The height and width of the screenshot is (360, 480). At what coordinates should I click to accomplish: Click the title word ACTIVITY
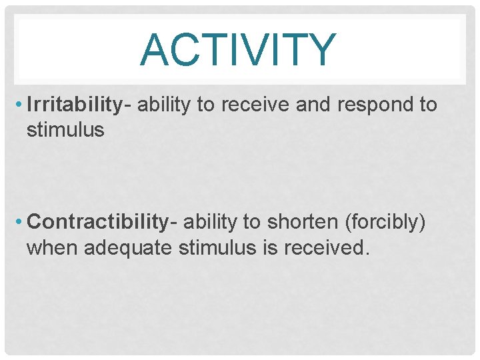(x=238, y=51)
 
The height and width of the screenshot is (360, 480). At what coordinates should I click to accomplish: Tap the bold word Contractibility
(x=97, y=221)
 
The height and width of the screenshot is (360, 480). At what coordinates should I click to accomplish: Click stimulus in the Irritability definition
(x=65, y=129)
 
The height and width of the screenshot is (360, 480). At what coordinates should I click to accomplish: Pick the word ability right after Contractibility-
(x=209, y=221)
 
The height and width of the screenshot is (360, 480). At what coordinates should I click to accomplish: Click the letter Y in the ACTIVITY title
(x=322, y=51)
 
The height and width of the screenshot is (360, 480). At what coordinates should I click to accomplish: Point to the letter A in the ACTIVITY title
(x=155, y=51)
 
